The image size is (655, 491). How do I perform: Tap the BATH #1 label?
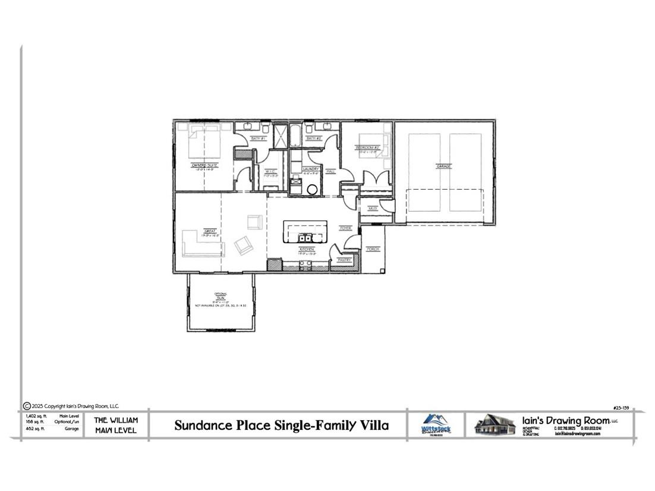coord(257,139)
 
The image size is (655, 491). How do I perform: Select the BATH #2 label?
coord(314,139)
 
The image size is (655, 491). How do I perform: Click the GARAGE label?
coord(443,166)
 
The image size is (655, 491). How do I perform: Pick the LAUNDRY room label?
coord(311,169)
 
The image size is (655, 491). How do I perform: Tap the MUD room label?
coord(373,209)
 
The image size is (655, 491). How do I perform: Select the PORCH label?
coord(373,249)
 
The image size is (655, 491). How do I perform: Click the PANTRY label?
coord(345,260)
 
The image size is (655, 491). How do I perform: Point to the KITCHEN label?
coord(307,249)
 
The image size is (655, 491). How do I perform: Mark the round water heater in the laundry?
coord(313,189)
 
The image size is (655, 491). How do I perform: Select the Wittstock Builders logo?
coord(436,424)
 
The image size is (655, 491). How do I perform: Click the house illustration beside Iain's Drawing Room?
coord(495,424)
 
